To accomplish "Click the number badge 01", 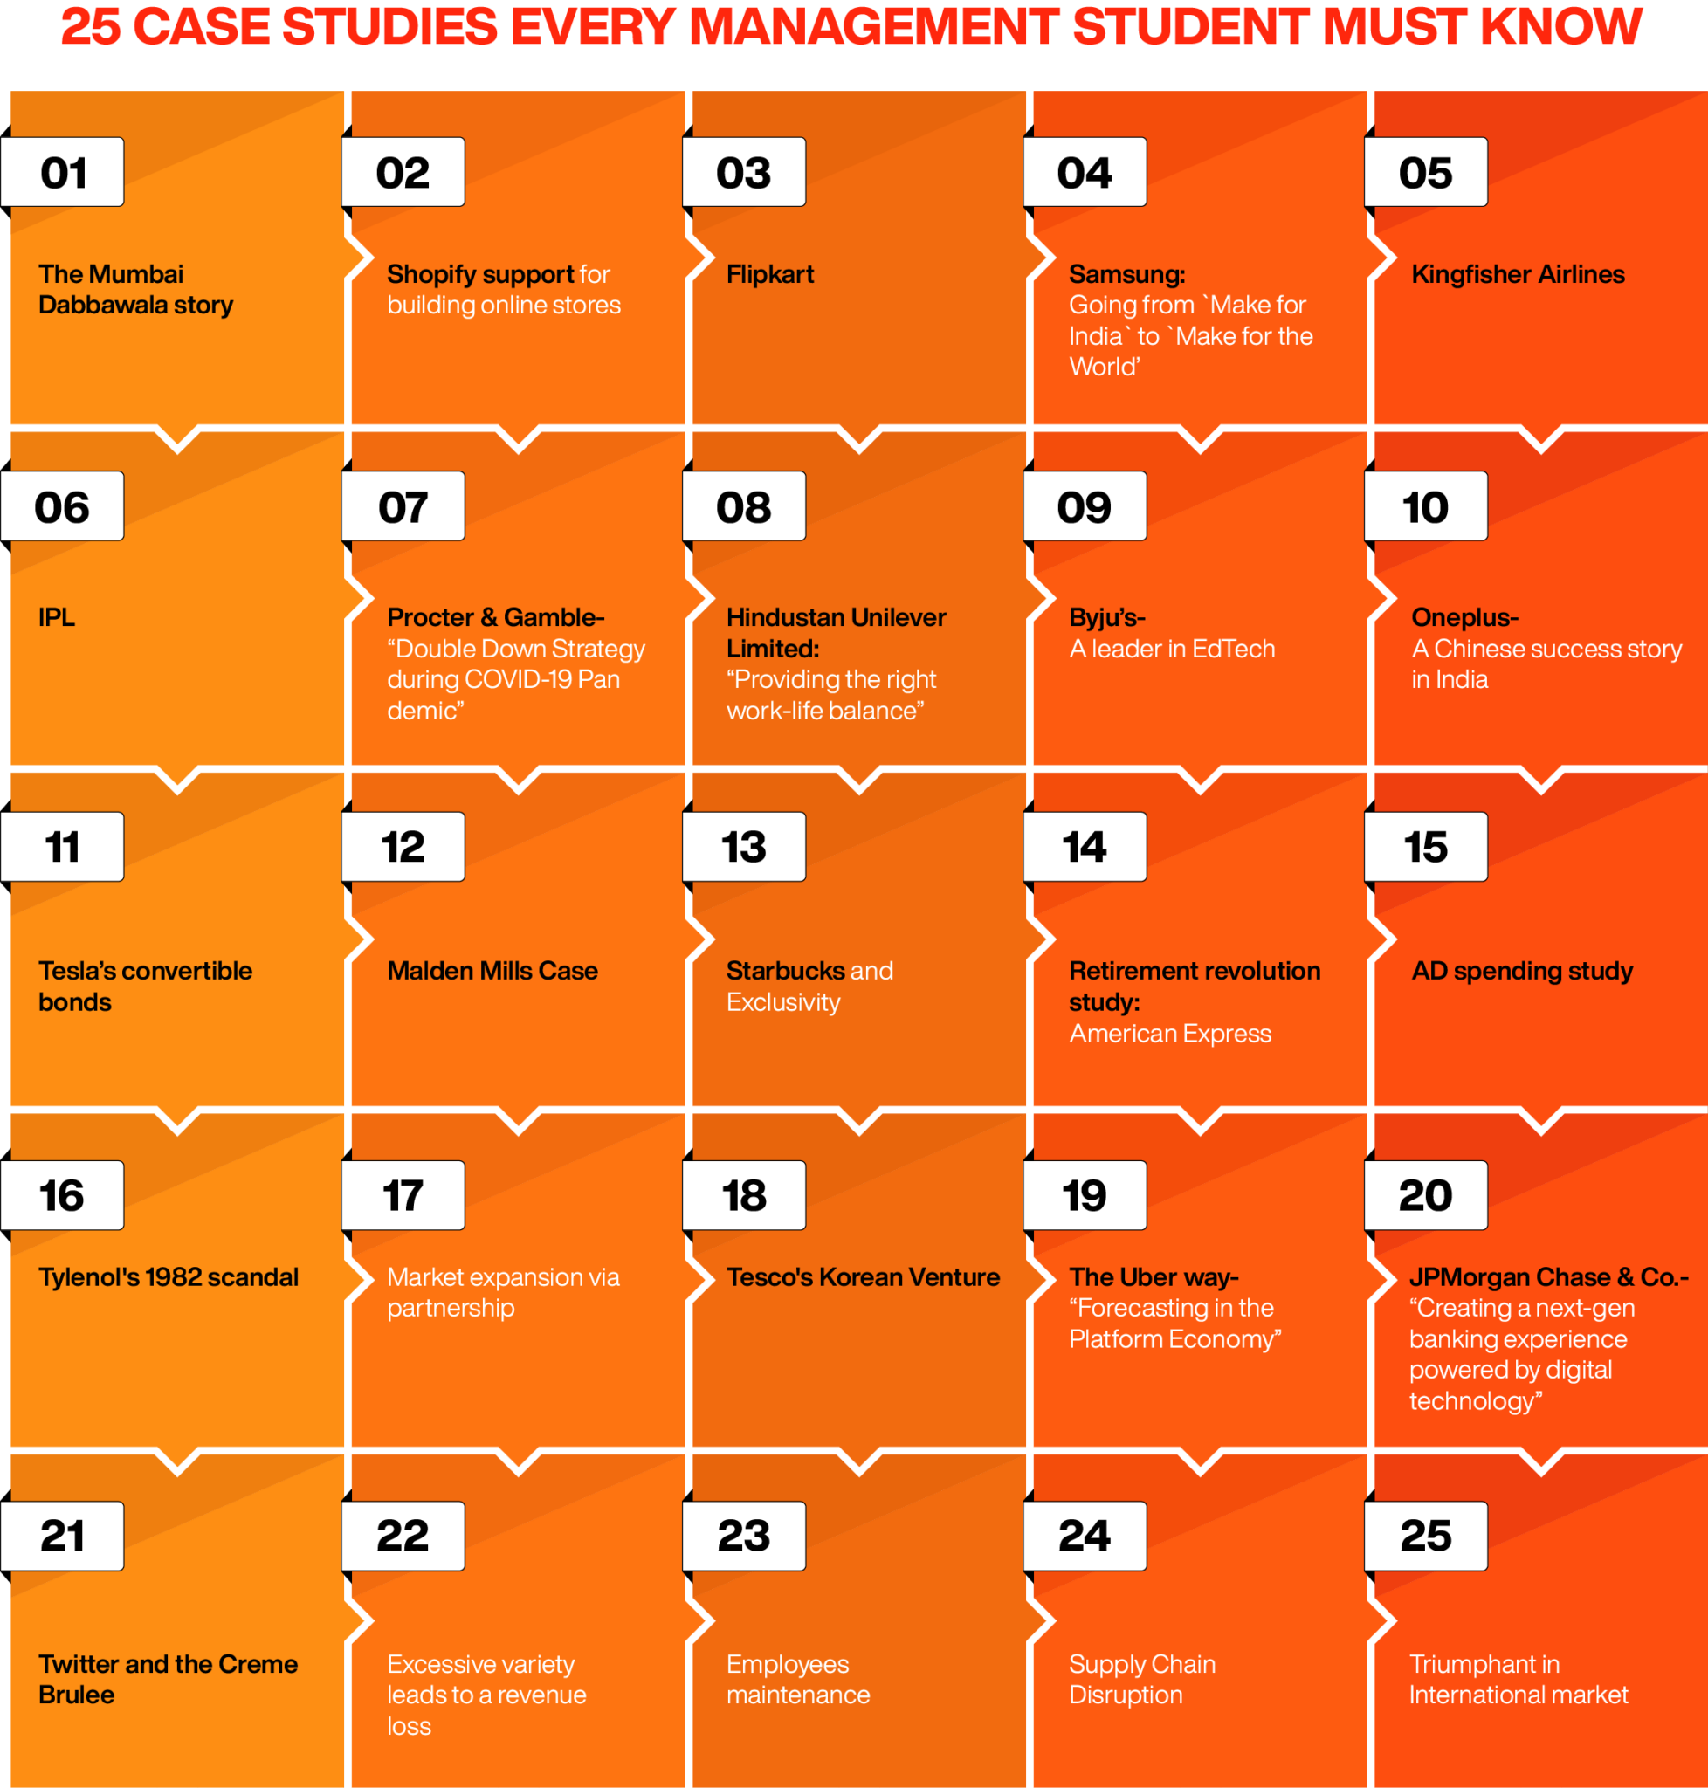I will click(x=62, y=172).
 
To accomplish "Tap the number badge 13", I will click(x=743, y=847).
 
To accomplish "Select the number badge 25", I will click(x=1425, y=1536).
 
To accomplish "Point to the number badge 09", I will click(x=1084, y=506).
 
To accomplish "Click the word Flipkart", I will click(x=769, y=274).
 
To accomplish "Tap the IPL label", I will click(x=57, y=617).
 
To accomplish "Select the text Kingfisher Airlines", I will click(x=1517, y=274).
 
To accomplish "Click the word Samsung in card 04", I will click(x=1126, y=274).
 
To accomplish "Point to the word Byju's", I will click(x=1105, y=617).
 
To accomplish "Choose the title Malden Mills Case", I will click(x=492, y=971).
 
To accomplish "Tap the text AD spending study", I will click(x=1521, y=971).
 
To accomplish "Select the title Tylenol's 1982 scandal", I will click(x=169, y=1277).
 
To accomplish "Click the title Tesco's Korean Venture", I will click(x=862, y=1277).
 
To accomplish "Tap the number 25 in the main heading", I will click(x=90, y=27).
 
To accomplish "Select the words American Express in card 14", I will click(x=1169, y=1034).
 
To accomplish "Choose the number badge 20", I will click(x=1425, y=1195).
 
